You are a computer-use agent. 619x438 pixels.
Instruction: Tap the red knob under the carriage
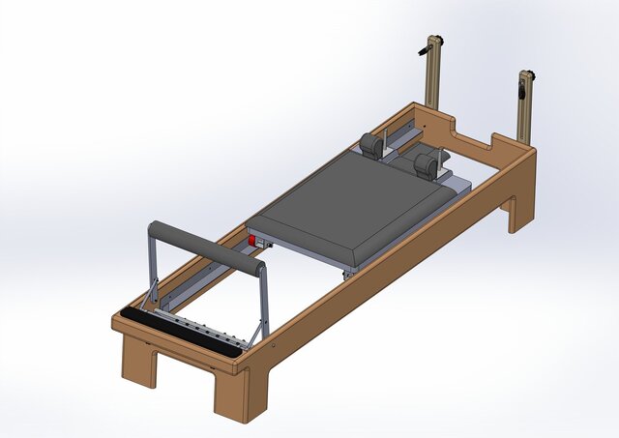(254, 241)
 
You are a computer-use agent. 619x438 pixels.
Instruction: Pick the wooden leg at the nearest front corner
(230, 396)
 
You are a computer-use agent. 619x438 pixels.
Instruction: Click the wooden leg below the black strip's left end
(137, 363)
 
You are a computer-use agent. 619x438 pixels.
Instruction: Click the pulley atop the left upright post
(432, 45)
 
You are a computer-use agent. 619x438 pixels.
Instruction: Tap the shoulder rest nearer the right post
(425, 165)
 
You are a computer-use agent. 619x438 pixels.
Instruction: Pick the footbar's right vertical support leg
(262, 305)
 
